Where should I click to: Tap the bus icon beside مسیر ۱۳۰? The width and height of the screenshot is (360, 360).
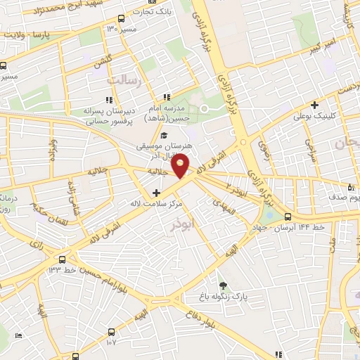pos(123,19)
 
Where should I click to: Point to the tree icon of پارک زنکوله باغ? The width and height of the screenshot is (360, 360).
pos(223,285)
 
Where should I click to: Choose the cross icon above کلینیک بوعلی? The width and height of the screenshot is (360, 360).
pos(314,105)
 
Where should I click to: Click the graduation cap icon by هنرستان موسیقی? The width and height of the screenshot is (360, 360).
pos(164,136)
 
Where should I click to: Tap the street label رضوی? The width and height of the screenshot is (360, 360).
pos(264,145)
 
